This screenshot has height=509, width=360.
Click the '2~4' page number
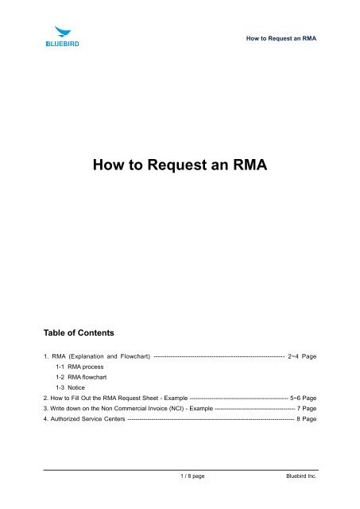[x=296, y=356]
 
